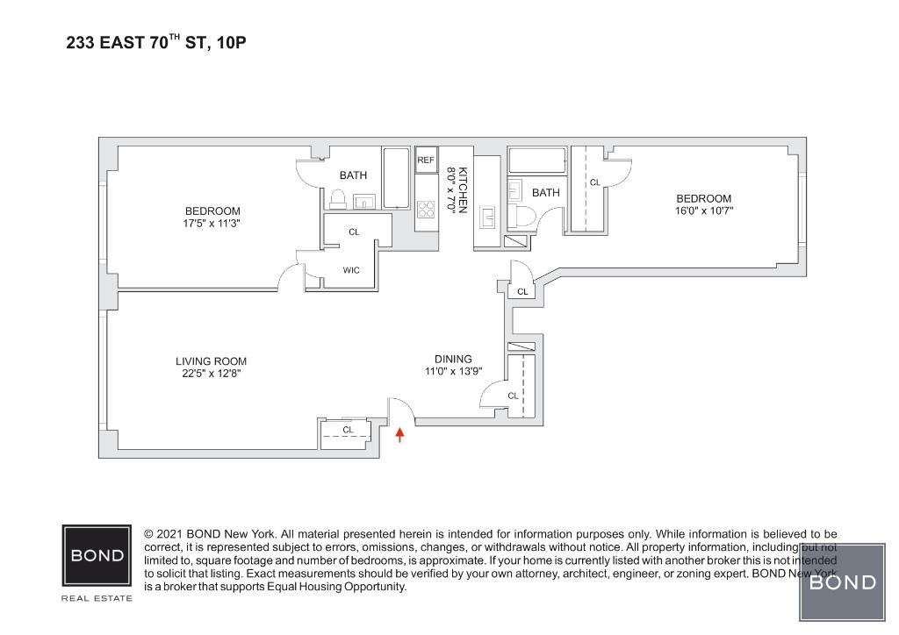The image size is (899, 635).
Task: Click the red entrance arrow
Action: coord(400,433)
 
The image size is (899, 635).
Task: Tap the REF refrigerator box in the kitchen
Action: coord(427,160)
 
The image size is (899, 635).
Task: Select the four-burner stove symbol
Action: coord(426,210)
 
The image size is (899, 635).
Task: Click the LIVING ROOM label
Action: coord(211,360)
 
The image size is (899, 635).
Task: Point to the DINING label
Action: coord(453,358)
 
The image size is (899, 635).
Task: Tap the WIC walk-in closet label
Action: coord(351,270)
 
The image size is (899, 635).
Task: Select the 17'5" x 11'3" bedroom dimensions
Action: coord(212,224)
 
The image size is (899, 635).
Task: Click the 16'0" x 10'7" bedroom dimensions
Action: coord(703,210)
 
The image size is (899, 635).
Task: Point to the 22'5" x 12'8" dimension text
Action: coord(211,373)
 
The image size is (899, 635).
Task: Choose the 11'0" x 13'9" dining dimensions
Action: coord(453,371)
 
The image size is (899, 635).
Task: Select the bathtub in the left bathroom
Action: coord(397,178)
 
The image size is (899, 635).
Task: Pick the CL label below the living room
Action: coord(348,430)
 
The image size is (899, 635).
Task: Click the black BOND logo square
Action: coord(97,555)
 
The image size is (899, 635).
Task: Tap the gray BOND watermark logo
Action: coord(842,581)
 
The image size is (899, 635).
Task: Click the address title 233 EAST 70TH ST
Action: coord(156,41)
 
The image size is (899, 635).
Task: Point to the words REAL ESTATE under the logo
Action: coord(97,598)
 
